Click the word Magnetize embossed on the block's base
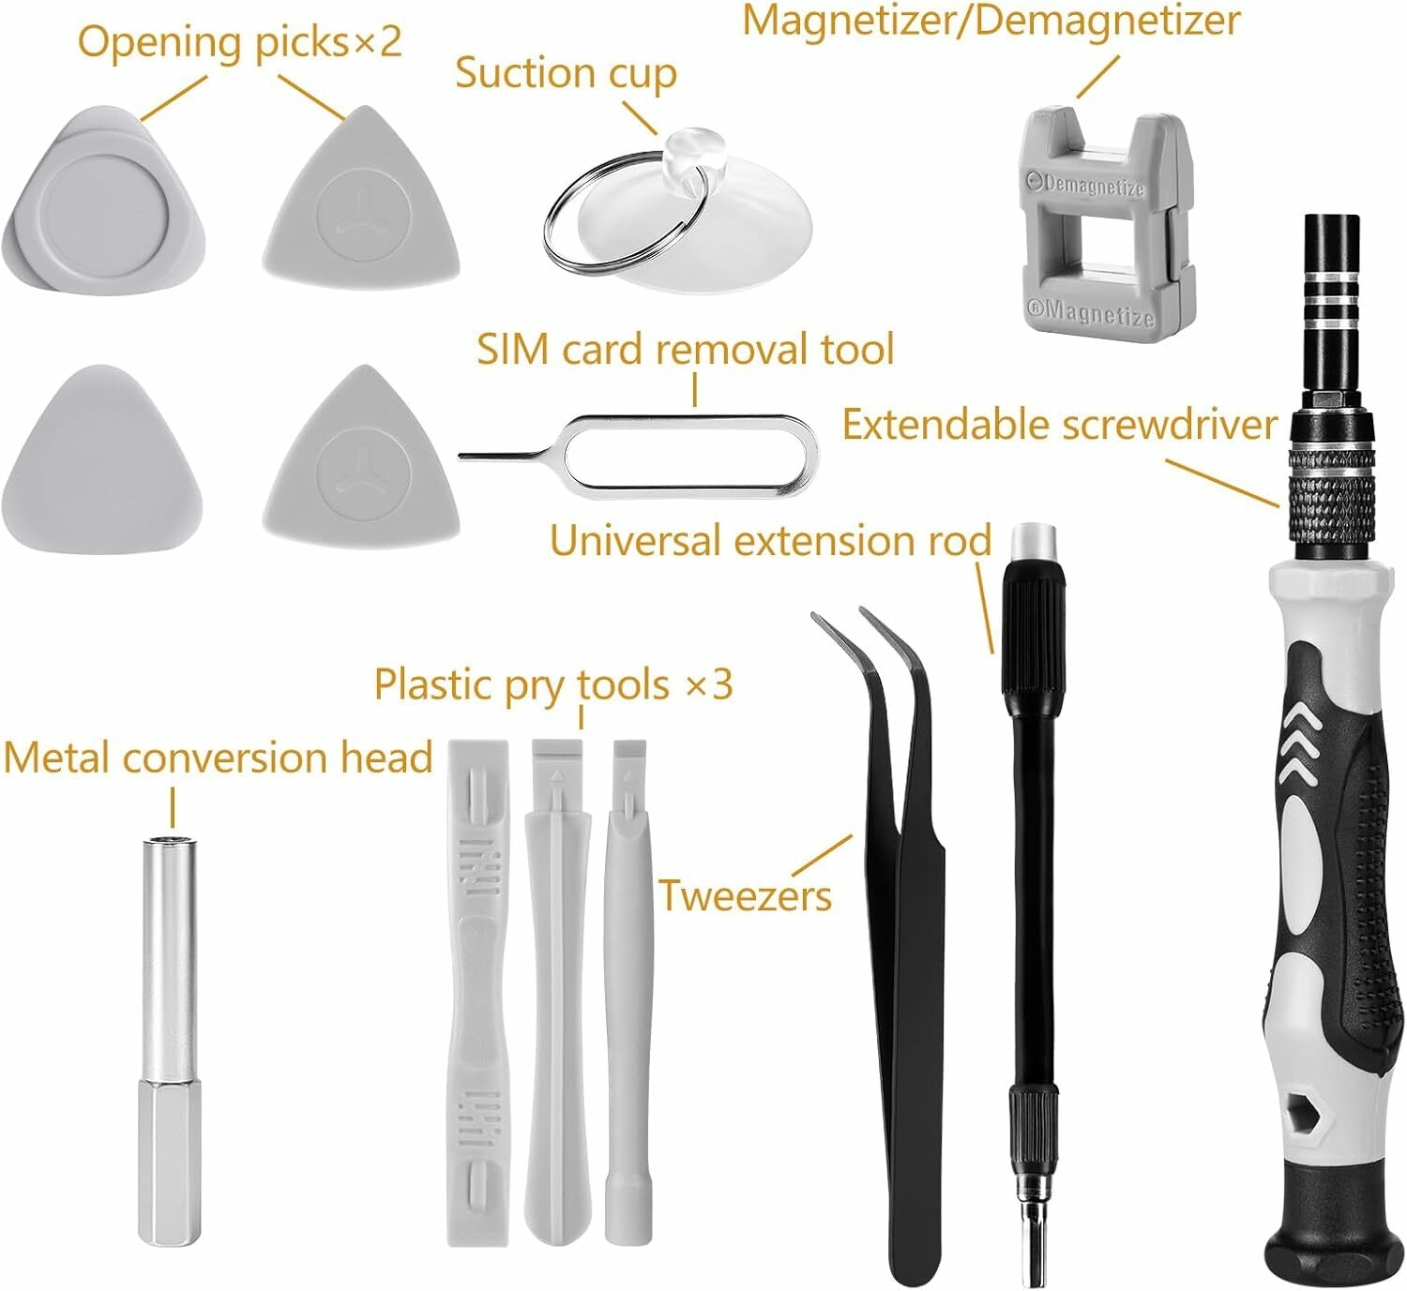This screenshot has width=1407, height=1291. (1091, 312)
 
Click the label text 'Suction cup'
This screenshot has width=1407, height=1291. (566, 74)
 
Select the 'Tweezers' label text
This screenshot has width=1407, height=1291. (745, 896)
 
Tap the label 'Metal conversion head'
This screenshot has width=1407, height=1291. (219, 758)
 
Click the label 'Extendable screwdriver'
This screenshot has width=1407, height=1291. (1059, 426)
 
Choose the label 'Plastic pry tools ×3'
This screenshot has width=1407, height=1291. (553, 684)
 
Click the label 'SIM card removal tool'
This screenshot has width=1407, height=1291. (686, 349)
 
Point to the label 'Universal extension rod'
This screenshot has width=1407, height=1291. (770, 541)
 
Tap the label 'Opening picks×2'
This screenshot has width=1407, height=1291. (239, 42)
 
